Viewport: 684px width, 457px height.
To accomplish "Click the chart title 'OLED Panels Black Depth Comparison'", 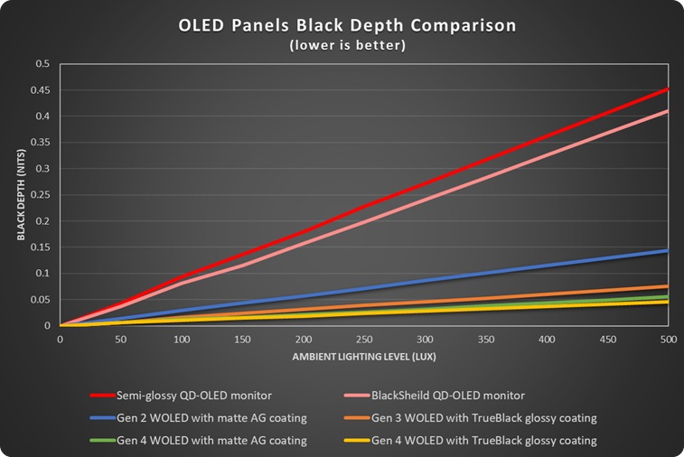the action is (347, 25).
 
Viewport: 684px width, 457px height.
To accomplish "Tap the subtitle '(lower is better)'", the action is (348, 45).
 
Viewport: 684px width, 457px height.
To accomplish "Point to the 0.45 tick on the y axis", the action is (42, 90).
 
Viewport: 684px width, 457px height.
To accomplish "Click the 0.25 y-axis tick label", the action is (42, 195).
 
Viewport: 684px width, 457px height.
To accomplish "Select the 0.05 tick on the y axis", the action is (42, 300).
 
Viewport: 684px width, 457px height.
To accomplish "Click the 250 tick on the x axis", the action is (364, 340).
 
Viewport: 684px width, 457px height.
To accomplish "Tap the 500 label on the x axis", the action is (669, 340).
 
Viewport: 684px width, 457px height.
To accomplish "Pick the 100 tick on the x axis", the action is (182, 340).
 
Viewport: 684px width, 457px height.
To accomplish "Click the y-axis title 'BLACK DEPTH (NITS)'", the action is (22, 195).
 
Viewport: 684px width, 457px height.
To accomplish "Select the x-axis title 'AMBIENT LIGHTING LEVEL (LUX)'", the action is (364, 357).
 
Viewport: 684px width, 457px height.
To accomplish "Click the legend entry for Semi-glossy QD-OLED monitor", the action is (181, 396).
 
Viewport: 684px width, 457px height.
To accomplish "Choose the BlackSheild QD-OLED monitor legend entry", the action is (435, 396).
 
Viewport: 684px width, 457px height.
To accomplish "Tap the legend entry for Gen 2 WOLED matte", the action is (199, 418).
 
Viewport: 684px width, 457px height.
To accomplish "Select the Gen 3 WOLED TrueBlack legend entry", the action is (470, 418).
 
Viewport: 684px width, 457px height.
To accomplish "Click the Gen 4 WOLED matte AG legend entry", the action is (199, 441).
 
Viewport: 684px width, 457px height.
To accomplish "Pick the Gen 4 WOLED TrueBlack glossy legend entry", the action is (470, 441).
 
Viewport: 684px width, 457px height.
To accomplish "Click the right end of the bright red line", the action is (668, 89).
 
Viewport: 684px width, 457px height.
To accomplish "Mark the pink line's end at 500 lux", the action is (668, 111).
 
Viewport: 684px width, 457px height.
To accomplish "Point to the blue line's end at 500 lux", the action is (668, 251).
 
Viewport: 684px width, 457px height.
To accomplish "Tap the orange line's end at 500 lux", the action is (668, 286).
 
